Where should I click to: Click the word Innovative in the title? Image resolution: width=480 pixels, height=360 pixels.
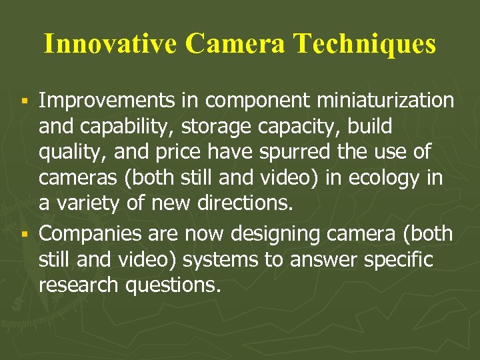(111, 44)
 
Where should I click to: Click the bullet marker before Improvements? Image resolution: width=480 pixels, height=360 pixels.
(23, 101)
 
